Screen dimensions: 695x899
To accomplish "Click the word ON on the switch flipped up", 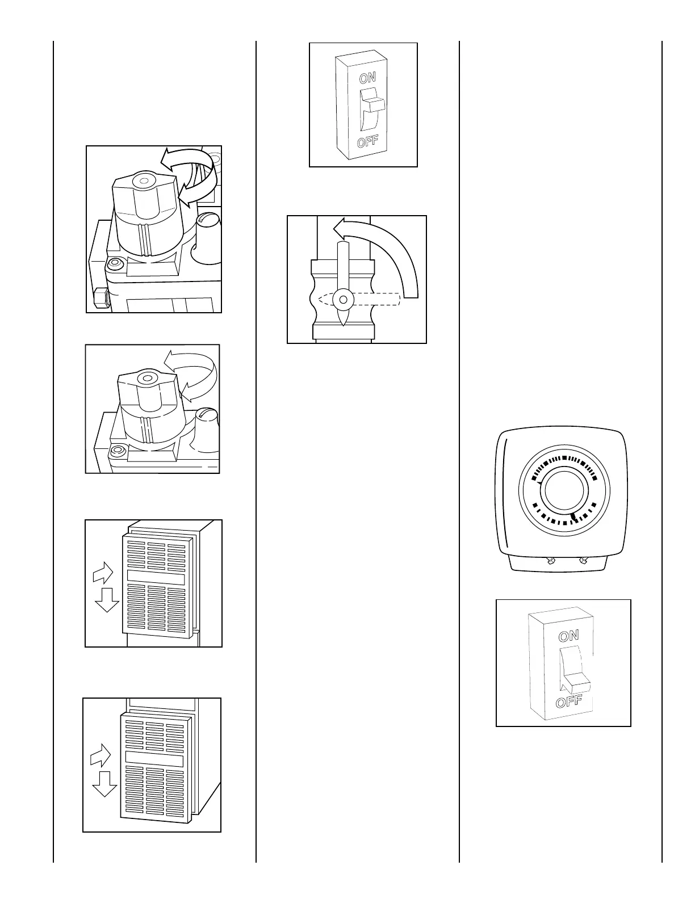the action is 367,77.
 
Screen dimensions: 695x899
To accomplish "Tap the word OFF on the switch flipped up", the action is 367,141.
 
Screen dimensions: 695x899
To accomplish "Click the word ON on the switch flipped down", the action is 568,636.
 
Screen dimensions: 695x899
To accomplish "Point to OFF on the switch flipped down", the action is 568,701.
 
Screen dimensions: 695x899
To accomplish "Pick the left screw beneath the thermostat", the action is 549,561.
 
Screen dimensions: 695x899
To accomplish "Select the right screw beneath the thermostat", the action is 582,561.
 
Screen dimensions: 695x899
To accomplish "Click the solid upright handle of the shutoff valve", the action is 342,264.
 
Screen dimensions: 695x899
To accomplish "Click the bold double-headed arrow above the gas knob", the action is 190,173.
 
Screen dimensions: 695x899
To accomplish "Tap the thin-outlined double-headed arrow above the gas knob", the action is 193,375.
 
